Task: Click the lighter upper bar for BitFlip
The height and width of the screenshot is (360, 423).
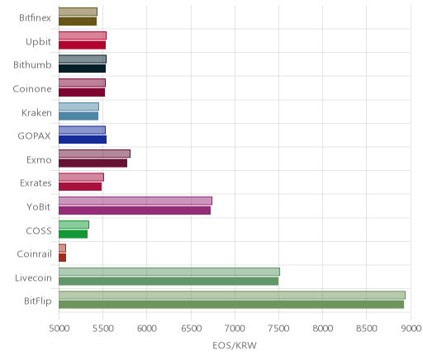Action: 232,295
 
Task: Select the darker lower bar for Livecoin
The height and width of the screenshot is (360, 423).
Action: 169,282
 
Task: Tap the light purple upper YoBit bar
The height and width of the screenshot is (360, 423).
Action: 135,201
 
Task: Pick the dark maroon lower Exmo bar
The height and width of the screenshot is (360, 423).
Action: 93,163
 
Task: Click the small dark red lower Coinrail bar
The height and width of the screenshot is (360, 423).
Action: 62,258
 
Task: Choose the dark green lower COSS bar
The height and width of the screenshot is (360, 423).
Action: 73,234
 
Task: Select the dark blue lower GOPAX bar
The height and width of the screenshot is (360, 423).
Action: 83,140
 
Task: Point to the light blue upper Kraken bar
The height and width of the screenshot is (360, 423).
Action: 78,107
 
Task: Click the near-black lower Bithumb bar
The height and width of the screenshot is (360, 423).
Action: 82,69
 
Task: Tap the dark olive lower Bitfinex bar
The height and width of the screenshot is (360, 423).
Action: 78,21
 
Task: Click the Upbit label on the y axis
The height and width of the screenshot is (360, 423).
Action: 38,42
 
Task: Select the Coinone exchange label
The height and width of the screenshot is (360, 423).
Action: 32,88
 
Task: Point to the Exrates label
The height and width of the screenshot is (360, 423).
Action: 36,183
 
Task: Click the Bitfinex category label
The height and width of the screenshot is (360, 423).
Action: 35,17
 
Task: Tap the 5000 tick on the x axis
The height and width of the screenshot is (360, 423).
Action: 59,328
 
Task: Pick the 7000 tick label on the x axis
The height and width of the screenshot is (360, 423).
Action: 235,328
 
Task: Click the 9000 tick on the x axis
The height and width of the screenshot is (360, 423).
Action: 411,328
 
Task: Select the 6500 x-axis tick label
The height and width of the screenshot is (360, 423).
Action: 191,328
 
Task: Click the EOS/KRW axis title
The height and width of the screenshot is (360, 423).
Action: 235,345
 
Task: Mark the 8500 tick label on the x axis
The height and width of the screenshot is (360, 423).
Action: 367,328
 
